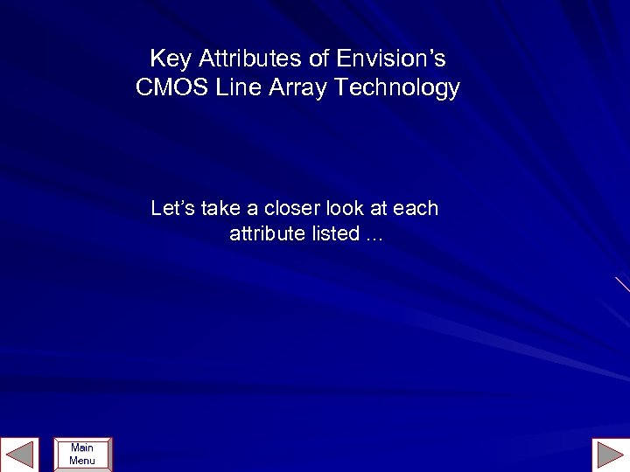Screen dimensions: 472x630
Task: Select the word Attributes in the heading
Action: point(250,59)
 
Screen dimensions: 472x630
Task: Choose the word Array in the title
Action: point(296,88)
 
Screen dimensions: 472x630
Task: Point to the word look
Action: point(344,208)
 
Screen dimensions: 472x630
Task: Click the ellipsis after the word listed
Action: point(374,236)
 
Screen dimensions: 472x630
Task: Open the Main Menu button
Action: point(82,455)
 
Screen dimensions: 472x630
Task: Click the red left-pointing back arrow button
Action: point(19,455)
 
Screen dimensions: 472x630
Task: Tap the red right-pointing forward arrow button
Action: point(610,455)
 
